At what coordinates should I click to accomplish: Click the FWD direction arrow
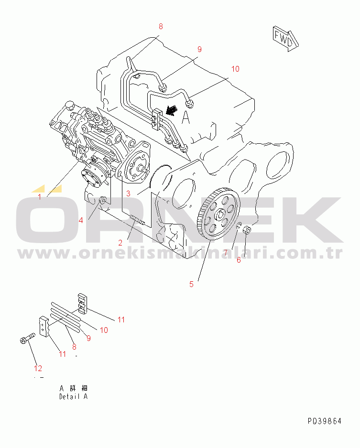[x=285, y=38]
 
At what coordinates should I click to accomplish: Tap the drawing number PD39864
[x=325, y=421]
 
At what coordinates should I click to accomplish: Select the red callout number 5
[x=191, y=284]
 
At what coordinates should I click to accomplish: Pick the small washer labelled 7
[x=239, y=226]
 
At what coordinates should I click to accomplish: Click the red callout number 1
[x=40, y=197]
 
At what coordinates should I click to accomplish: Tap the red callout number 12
[x=38, y=368]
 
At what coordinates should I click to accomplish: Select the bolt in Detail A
[x=27, y=338]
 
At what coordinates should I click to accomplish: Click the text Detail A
[x=73, y=396]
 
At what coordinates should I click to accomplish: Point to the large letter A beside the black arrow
[x=186, y=117]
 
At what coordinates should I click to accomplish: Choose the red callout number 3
[x=129, y=194]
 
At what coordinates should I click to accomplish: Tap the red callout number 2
[x=120, y=243]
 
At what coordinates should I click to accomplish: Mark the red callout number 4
[x=81, y=220]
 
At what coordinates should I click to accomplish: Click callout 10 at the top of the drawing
[x=235, y=69]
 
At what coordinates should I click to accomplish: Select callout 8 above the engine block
[x=161, y=27]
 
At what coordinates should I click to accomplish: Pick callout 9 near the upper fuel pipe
[x=199, y=49]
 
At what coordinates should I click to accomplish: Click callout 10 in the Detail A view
[x=104, y=331]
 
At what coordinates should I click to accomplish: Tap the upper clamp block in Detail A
[x=82, y=303]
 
